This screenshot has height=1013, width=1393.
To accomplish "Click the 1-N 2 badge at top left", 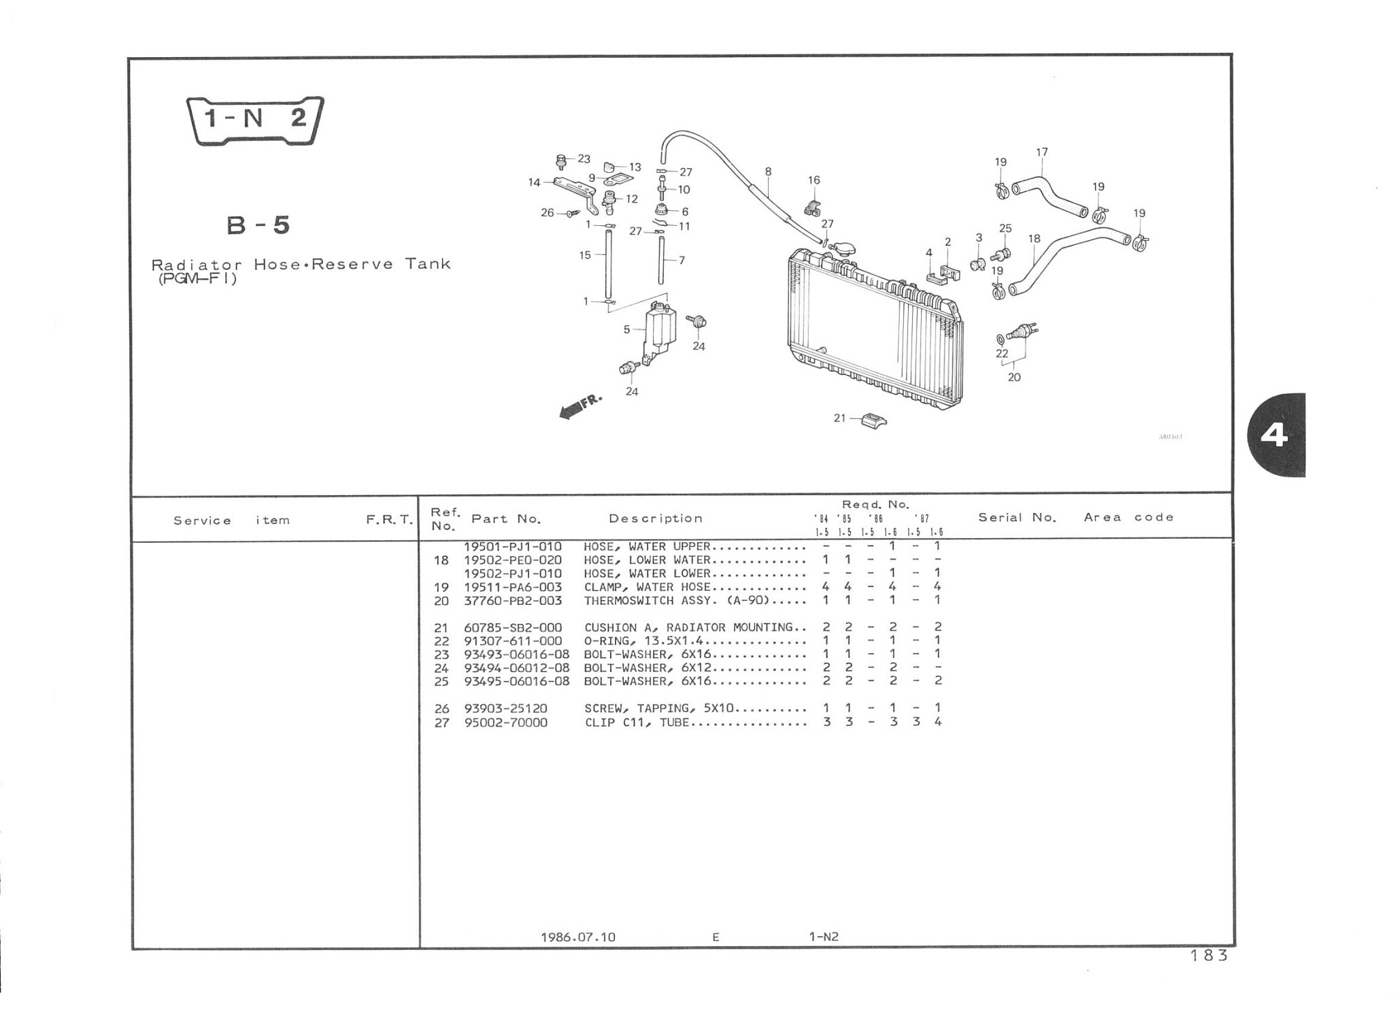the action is pos(255,120).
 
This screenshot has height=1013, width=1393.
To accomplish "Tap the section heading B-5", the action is pos(258,225).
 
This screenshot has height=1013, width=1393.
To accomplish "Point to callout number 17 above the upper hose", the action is pos(1042,152).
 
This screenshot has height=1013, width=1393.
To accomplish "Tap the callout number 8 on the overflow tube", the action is pos(768,171).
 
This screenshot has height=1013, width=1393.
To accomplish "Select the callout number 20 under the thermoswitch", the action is pos(1014,377).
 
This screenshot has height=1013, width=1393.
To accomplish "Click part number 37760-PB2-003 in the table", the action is pos(513,601).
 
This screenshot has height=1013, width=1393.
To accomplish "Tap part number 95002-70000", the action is pos(505,723).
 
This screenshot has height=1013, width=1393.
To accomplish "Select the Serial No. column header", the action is pos(1017,518).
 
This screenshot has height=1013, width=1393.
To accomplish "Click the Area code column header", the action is pos(1128,518).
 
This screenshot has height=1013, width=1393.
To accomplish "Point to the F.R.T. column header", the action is pos(389,520).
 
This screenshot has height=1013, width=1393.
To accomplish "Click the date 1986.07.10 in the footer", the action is pos(577,937).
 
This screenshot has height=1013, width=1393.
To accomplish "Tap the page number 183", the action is pos(1209,956).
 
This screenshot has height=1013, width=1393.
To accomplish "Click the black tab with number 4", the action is pos(1276,435).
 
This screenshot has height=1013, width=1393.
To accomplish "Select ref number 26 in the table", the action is pos(441,709).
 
